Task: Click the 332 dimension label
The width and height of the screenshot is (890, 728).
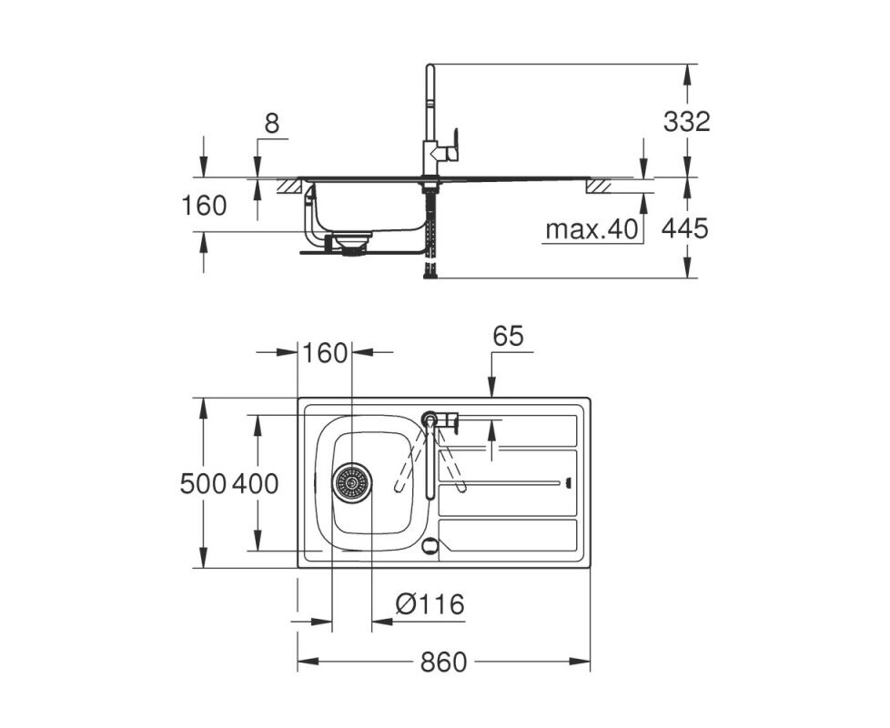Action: tap(687, 121)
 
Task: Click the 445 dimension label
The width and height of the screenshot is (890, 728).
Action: tap(685, 228)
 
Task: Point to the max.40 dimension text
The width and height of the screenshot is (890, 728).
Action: tap(592, 230)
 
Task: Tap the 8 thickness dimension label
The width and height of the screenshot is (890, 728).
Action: tap(272, 123)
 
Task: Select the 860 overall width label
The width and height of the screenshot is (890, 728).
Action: tap(443, 662)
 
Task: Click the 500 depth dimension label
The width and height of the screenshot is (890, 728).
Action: tap(203, 484)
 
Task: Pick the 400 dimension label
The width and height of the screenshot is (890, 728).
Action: tap(256, 484)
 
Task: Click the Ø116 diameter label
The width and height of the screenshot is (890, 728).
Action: tap(430, 604)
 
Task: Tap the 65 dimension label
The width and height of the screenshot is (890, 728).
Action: tap(508, 337)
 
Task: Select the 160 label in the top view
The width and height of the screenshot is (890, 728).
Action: tap(325, 353)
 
